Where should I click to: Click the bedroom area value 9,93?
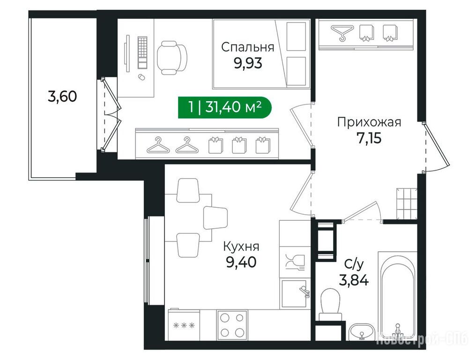(248, 63)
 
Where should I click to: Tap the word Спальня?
(247, 47)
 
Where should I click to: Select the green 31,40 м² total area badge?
(224, 107)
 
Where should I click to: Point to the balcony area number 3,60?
(62, 97)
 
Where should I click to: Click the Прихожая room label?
(369, 122)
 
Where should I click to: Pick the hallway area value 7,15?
(369, 138)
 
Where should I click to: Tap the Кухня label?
(241, 247)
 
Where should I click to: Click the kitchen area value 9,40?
(241, 262)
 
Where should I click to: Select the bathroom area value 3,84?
(354, 280)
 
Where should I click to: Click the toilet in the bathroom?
(331, 304)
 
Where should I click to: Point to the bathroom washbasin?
(362, 331)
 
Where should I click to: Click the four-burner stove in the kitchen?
(232, 325)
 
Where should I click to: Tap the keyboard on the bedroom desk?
(142, 52)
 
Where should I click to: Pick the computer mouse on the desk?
(141, 77)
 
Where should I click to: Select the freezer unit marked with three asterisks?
(184, 325)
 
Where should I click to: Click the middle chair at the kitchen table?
(215, 217)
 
